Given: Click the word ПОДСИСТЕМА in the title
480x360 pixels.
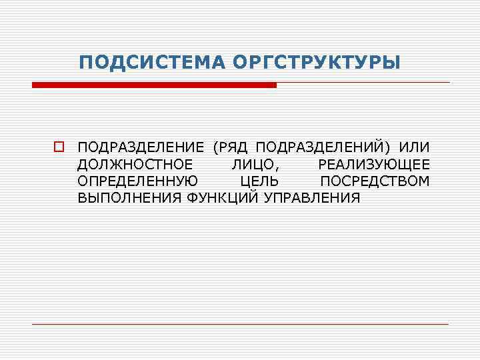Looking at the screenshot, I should tap(153, 63).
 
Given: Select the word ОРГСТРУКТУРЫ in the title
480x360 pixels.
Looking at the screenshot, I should tap(317, 63).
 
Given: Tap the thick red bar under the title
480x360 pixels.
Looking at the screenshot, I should tap(154, 85).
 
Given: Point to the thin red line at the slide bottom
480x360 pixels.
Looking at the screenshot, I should tap(240, 324).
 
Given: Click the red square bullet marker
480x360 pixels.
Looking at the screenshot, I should tap(59, 147).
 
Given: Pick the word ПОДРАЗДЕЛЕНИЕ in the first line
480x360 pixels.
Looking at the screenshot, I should tap(141, 147).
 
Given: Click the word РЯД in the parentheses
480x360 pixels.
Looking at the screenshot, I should tap(234, 147).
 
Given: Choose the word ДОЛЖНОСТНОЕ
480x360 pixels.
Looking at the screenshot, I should tap(135, 164).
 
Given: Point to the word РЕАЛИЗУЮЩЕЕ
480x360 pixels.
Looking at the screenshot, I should tap(373, 164).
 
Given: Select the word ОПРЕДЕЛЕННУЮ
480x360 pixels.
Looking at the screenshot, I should tap(137, 181).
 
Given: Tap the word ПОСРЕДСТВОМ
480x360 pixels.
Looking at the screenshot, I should tap(375, 181).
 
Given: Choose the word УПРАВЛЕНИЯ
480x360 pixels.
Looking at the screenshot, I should tap(312, 199).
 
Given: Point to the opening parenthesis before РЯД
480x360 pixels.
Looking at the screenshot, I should tap(215, 147).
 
